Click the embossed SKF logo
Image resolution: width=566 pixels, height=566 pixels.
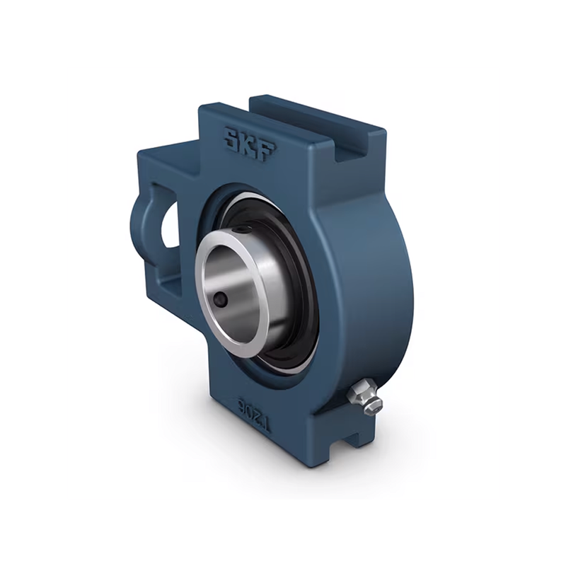[x=250, y=143]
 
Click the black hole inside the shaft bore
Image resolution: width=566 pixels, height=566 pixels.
[x=220, y=298]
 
